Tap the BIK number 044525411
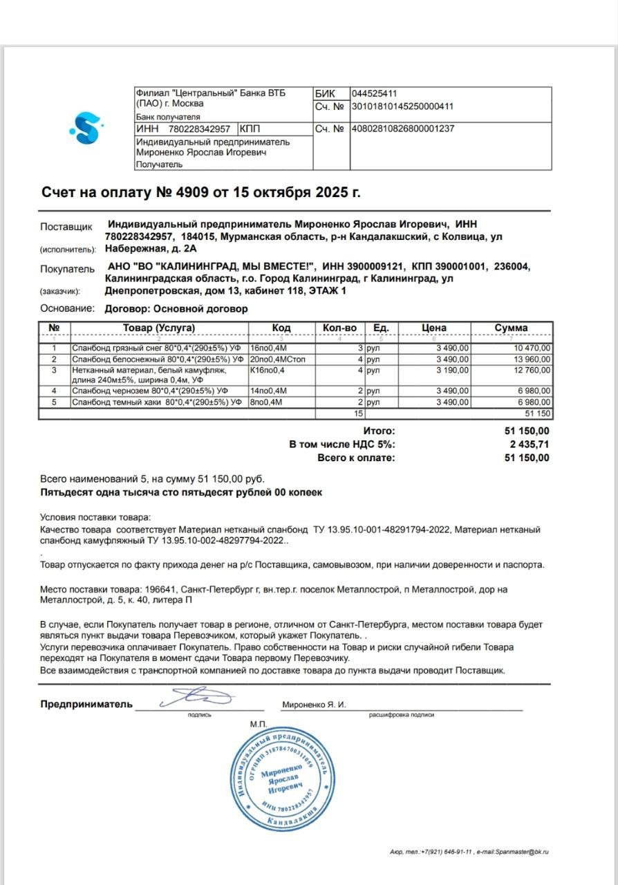click(x=374, y=94)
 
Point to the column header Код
click(x=281, y=328)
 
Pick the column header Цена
click(x=434, y=328)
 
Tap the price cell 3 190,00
click(x=452, y=371)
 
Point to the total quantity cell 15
click(x=358, y=413)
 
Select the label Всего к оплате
click(x=356, y=458)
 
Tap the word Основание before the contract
click(x=67, y=309)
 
